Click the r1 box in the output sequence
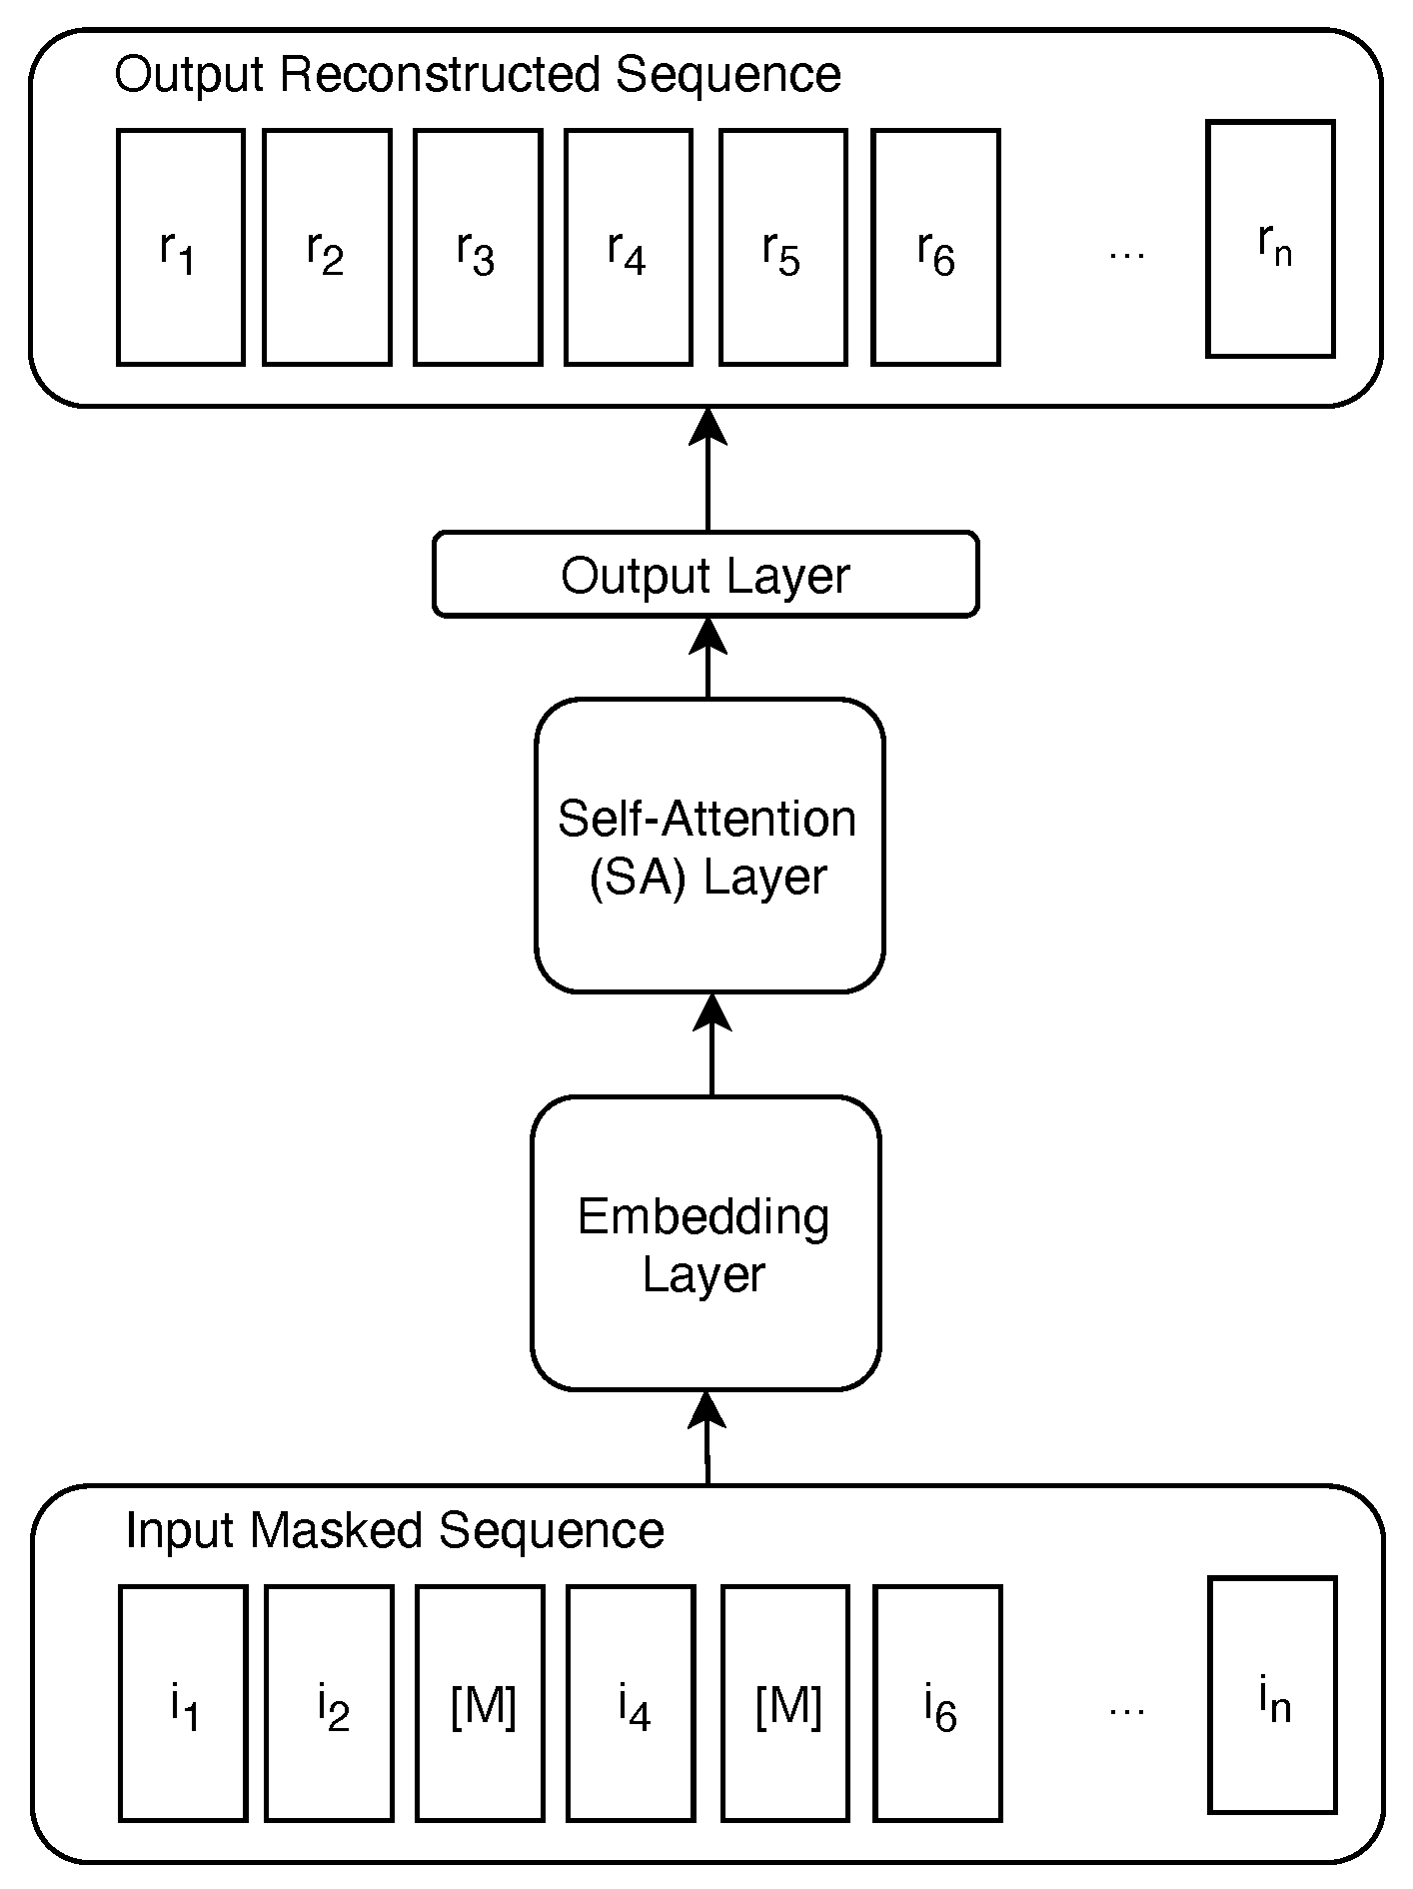pos(181,247)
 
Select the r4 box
pos(629,247)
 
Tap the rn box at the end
pos(1271,239)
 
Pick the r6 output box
pos(935,247)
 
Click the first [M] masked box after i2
pos(481,1703)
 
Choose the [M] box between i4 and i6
pos(785,1703)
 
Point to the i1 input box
pos(183,1703)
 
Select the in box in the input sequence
pos(1273,1695)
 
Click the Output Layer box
pos(706,575)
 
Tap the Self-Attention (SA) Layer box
pos(709,846)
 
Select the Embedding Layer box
pos(706,1243)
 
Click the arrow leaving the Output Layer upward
pos(708,469)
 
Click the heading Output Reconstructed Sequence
pos(478,75)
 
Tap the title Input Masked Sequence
pos(394,1530)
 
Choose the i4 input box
pos(632,1703)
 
